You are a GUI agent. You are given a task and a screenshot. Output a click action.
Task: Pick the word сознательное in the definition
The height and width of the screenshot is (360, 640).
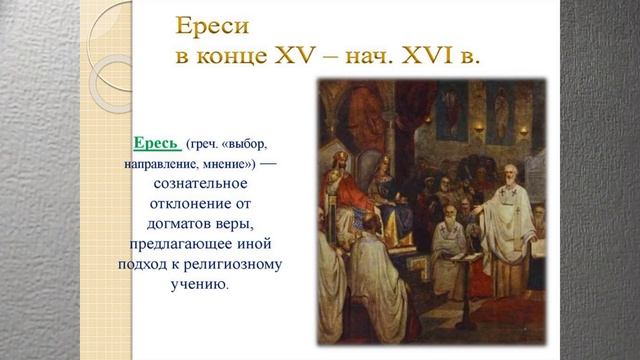199,185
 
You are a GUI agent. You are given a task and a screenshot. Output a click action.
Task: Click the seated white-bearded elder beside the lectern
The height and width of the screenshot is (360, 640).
451,225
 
